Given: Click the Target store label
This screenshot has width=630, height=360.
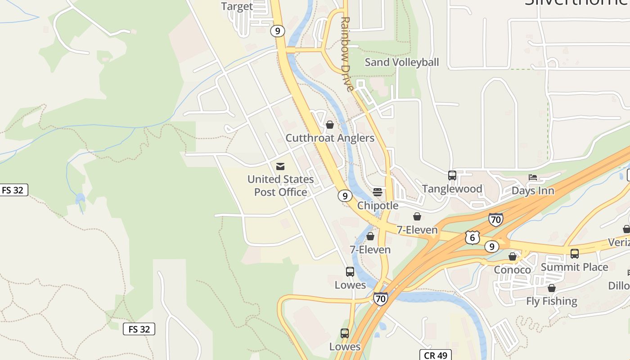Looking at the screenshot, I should [x=237, y=6].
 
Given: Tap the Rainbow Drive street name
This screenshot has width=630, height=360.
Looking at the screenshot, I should [x=346, y=54].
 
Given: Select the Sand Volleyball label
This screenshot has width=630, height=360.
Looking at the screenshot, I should [x=401, y=62].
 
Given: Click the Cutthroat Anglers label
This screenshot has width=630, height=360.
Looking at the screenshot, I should [x=330, y=138].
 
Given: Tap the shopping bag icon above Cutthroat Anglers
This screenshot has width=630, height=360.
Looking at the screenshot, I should [x=330, y=125].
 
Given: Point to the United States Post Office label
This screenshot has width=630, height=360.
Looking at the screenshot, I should [x=280, y=185].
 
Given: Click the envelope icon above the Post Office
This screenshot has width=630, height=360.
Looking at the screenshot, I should [x=280, y=166].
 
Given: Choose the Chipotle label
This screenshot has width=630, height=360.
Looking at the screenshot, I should [x=378, y=206].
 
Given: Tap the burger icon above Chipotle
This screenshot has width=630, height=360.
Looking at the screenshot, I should [x=378, y=192].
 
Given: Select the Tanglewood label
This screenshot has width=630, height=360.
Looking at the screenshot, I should [x=452, y=189].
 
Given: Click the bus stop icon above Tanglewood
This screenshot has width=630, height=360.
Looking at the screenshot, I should [x=452, y=175].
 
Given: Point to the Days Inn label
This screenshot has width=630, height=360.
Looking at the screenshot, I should [x=533, y=191].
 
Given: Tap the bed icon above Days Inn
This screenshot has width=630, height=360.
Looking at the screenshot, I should [x=533, y=177].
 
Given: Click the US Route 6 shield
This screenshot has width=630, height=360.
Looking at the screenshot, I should [x=472, y=237].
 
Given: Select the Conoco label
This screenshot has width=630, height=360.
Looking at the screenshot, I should [x=513, y=270].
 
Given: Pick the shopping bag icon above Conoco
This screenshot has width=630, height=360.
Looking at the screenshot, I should [x=513, y=256].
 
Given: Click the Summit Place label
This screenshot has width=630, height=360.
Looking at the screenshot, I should [x=574, y=267].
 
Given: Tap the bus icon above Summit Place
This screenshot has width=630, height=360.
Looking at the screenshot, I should [x=575, y=254].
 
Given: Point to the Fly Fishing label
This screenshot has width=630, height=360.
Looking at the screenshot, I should [x=551, y=301].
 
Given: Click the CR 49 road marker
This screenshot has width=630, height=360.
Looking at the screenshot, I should [x=436, y=355].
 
